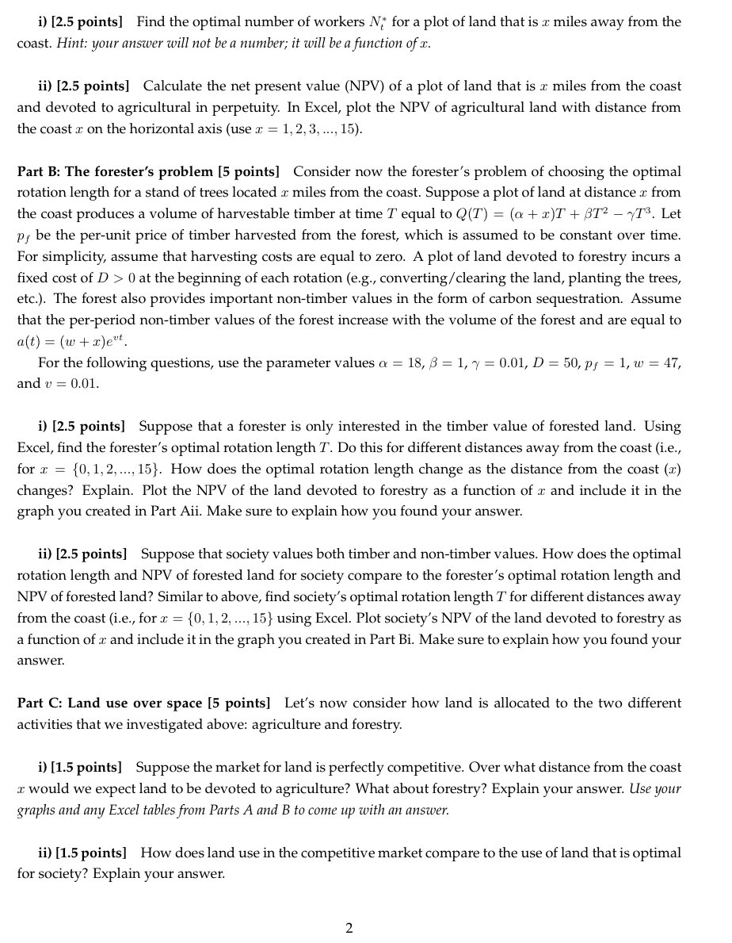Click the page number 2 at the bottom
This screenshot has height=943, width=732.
tap(349, 928)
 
